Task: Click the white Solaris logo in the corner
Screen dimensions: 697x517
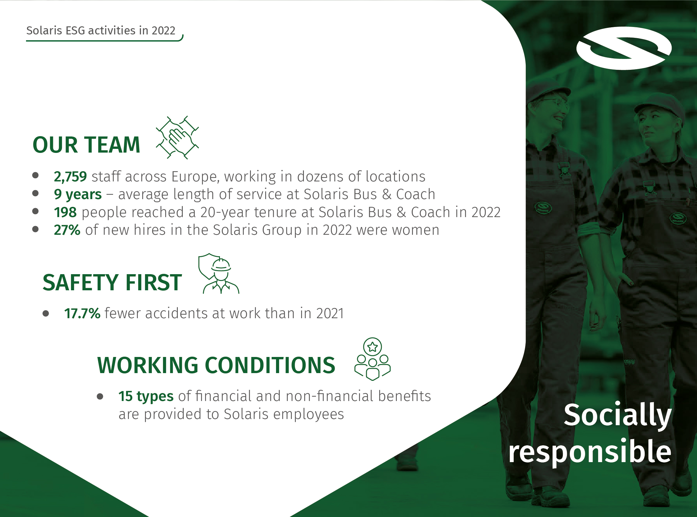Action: coord(624,48)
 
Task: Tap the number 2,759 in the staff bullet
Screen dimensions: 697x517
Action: coord(70,177)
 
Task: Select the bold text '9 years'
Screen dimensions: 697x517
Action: coord(78,195)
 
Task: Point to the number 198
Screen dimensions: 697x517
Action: coord(65,212)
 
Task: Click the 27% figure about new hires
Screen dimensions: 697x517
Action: coord(67,230)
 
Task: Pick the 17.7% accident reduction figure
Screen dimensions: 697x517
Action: coord(82,313)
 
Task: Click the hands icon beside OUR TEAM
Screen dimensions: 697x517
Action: coord(177,137)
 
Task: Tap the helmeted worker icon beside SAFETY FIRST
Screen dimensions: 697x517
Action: coord(218,274)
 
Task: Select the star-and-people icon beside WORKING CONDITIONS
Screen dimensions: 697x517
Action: coord(372,359)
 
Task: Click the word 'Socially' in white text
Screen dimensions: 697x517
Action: coord(618,415)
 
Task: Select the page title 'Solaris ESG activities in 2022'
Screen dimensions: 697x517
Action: coord(101,30)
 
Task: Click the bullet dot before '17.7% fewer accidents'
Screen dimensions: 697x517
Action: coord(46,314)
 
